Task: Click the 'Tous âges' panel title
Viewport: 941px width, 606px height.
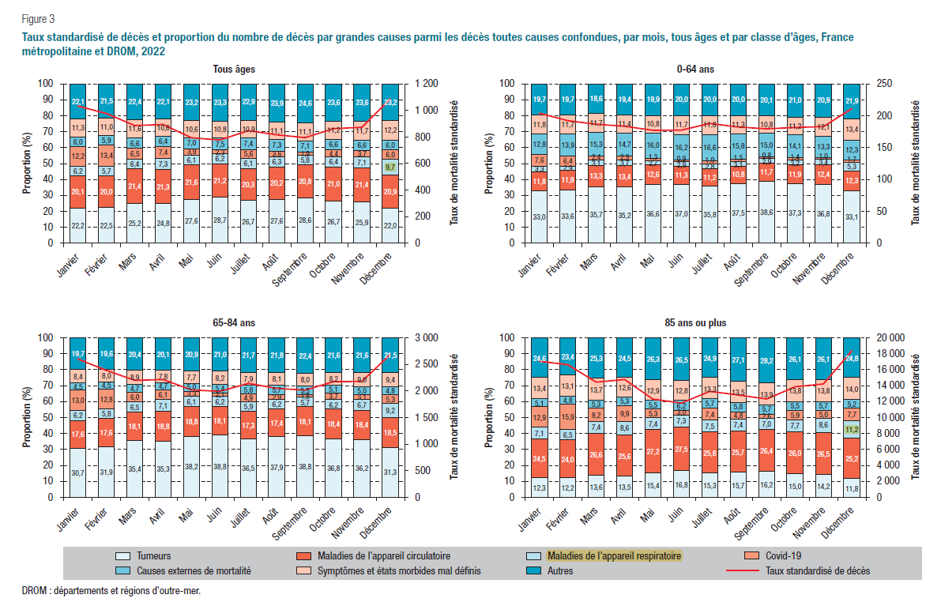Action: [233, 70]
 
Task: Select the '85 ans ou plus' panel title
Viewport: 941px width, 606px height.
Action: [694, 323]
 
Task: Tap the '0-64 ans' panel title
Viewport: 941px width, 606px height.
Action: [695, 70]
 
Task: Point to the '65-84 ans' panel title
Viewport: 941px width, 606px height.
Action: [233, 323]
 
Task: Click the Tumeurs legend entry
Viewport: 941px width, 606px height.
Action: [154, 556]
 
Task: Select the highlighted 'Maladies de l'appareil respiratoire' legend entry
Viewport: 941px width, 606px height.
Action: [613, 556]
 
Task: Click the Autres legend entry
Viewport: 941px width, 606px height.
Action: [559, 570]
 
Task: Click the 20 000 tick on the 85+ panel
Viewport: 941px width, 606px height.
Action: [895, 337]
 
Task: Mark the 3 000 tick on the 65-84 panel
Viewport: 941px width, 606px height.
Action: [429, 337]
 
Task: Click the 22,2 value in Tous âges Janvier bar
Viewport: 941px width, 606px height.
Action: [78, 226]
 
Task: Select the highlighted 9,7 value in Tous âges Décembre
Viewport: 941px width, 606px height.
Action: [390, 167]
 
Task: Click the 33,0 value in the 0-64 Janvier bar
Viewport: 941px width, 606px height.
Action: [540, 216]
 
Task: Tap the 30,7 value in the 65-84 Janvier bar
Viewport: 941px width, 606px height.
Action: [78, 472]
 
